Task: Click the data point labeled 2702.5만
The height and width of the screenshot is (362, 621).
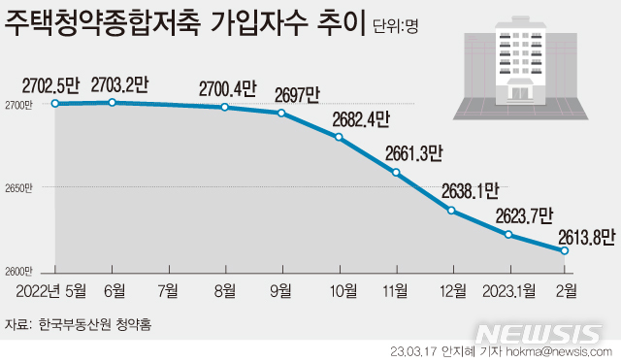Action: coord(56,103)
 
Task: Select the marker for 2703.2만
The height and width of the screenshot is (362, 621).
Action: coord(113,102)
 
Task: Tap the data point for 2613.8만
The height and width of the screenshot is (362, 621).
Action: coord(564,250)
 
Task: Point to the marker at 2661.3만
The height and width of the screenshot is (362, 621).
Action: coord(396,173)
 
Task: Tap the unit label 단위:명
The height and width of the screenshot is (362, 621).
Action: coord(396,26)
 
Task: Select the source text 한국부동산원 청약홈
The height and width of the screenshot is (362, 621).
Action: coord(96,322)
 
